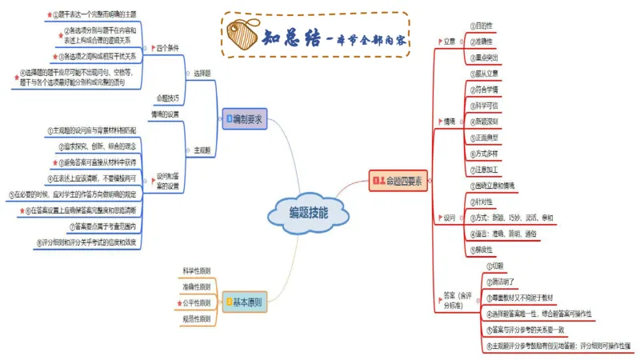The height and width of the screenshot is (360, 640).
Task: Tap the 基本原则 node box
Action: click(x=245, y=302)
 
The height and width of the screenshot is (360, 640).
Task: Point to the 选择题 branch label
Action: click(x=202, y=73)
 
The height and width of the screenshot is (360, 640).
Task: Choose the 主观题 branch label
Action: click(x=202, y=150)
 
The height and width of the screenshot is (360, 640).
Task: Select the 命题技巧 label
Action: click(x=168, y=98)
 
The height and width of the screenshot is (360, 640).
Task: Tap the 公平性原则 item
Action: click(x=197, y=303)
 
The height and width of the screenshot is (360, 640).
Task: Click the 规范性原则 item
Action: click(x=197, y=319)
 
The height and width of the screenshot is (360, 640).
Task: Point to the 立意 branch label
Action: click(x=450, y=41)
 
